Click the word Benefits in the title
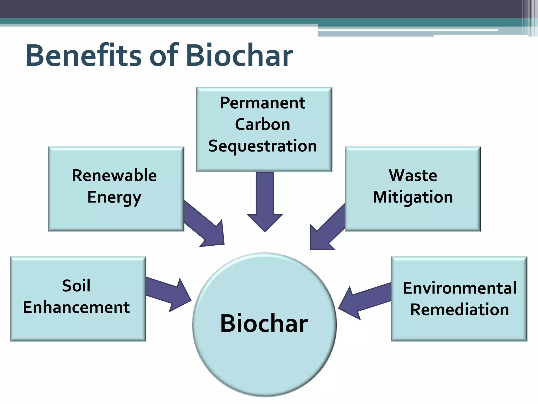tap(84, 56)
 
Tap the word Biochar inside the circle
tap(264, 324)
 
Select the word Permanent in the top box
tap(263, 103)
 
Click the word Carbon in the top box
tap(263, 124)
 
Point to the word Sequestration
tap(263, 146)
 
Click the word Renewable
tap(114, 176)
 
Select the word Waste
tap(413, 176)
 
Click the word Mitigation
tap(413, 197)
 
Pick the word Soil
tap(76, 286)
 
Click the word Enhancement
tap(76, 307)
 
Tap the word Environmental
tap(459, 288)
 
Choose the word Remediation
tap(459, 310)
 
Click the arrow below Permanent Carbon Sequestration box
tap(265, 203)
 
